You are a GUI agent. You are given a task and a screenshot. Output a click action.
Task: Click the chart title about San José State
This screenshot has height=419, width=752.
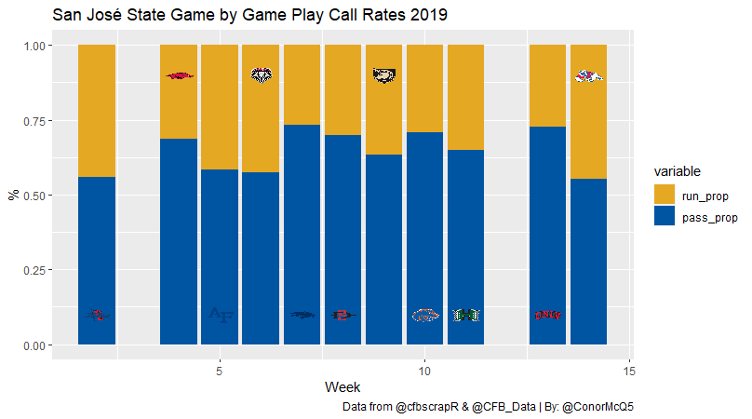[x=249, y=15]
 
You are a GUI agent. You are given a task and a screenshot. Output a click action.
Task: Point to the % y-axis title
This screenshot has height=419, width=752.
[x=13, y=196]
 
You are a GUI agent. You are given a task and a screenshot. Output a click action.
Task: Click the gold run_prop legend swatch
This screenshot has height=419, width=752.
[x=665, y=196]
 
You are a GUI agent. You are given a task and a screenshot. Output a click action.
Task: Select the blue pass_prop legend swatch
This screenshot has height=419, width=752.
[x=665, y=217]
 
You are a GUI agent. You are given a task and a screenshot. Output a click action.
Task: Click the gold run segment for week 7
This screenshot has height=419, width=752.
[x=302, y=85]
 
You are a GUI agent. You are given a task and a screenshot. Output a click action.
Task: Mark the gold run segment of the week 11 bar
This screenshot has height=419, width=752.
[x=466, y=97]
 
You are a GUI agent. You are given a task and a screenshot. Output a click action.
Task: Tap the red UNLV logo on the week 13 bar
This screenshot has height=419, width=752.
[x=548, y=316]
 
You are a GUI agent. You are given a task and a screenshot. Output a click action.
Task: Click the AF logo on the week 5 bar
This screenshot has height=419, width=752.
[x=221, y=316]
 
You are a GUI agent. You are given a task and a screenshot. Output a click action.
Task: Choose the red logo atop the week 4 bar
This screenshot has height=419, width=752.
[x=180, y=75]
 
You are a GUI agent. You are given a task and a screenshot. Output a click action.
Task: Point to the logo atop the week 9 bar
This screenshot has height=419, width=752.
[x=384, y=75]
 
